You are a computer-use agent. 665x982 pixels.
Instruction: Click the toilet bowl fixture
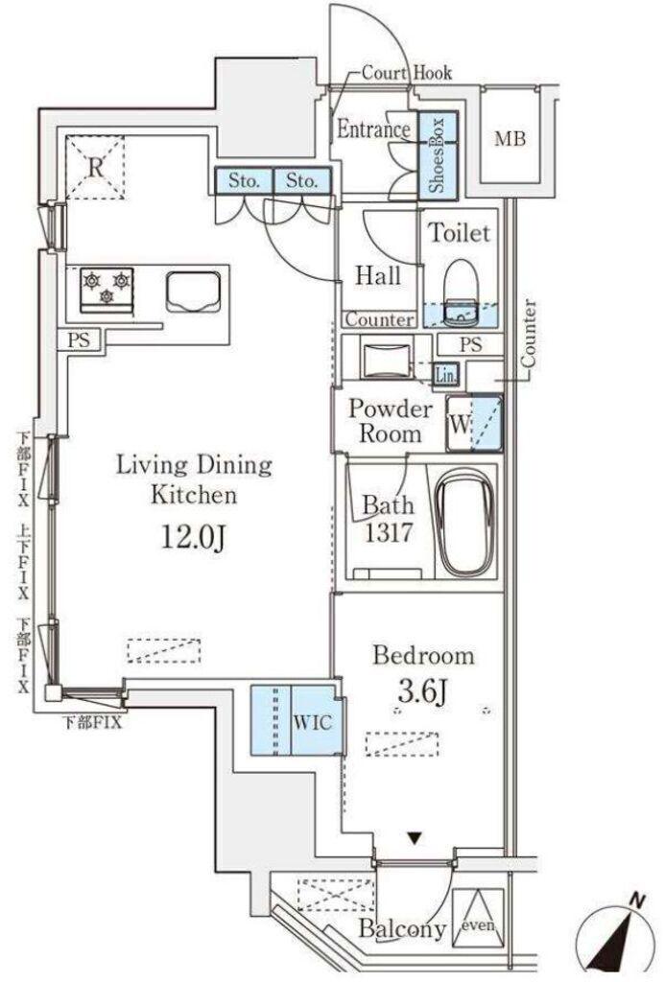tap(461, 292)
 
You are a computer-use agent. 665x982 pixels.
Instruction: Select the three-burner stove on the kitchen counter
tap(106, 290)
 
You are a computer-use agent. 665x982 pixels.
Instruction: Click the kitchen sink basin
tap(194, 292)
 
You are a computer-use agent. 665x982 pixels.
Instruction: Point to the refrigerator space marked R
tap(95, 168)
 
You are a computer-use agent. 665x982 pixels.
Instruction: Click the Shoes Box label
tap(437, 154)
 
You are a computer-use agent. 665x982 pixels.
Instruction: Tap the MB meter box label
tap(510, 138)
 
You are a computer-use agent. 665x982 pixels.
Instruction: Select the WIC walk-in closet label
tap(312, 723)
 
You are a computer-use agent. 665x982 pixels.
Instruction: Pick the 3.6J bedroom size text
tap(422, 690)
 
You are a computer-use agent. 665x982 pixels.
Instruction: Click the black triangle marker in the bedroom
tap(414, 837)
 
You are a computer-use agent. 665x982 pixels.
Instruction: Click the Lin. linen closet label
tap(446, 375)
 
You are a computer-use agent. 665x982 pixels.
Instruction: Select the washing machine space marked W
tap(474, 423)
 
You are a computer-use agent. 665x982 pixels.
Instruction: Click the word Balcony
tap(402, 929)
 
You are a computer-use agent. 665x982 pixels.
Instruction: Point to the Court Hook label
tap(407, 73)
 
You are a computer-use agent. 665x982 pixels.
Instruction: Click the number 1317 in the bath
tap(389, 532)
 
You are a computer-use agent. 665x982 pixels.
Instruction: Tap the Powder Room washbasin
tap(386, 359)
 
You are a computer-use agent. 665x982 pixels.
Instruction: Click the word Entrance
tap(374, 129)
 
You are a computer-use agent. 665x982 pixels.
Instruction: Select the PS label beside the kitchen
tap(79, 340)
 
